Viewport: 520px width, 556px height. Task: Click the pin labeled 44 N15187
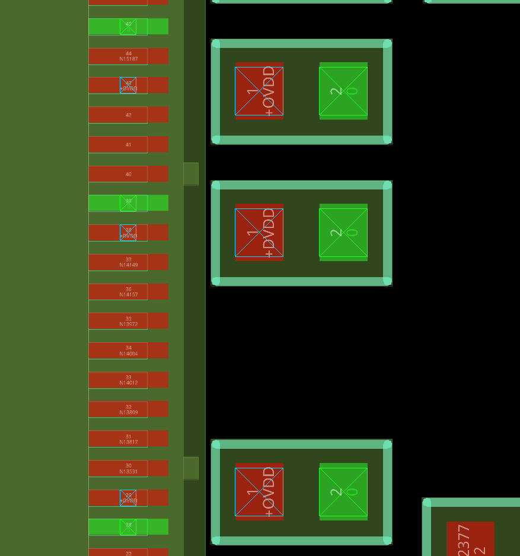128,56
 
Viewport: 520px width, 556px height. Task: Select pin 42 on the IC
128,115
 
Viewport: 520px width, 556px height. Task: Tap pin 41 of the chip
128,144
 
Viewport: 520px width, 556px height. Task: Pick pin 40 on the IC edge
128,174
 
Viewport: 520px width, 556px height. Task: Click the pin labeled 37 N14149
128,262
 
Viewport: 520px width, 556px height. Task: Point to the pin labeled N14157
128,292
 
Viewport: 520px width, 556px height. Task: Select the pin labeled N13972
128,321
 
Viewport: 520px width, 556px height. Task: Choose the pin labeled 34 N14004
128,351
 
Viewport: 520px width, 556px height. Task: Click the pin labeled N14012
128,380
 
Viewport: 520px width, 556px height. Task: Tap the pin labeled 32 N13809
128,409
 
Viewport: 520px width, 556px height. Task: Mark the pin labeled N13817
128,439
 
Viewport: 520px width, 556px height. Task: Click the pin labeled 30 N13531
128,468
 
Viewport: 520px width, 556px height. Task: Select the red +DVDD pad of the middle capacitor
259,233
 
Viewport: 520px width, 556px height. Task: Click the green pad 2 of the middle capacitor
343,233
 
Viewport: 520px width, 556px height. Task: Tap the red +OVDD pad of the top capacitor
259,91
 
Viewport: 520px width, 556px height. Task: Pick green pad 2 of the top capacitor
343,91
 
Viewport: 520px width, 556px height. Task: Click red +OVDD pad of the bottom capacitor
259,491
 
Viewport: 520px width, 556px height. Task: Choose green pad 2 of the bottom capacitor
343,491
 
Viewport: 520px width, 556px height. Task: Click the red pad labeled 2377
470,539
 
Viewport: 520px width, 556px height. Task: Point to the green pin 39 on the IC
128,203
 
